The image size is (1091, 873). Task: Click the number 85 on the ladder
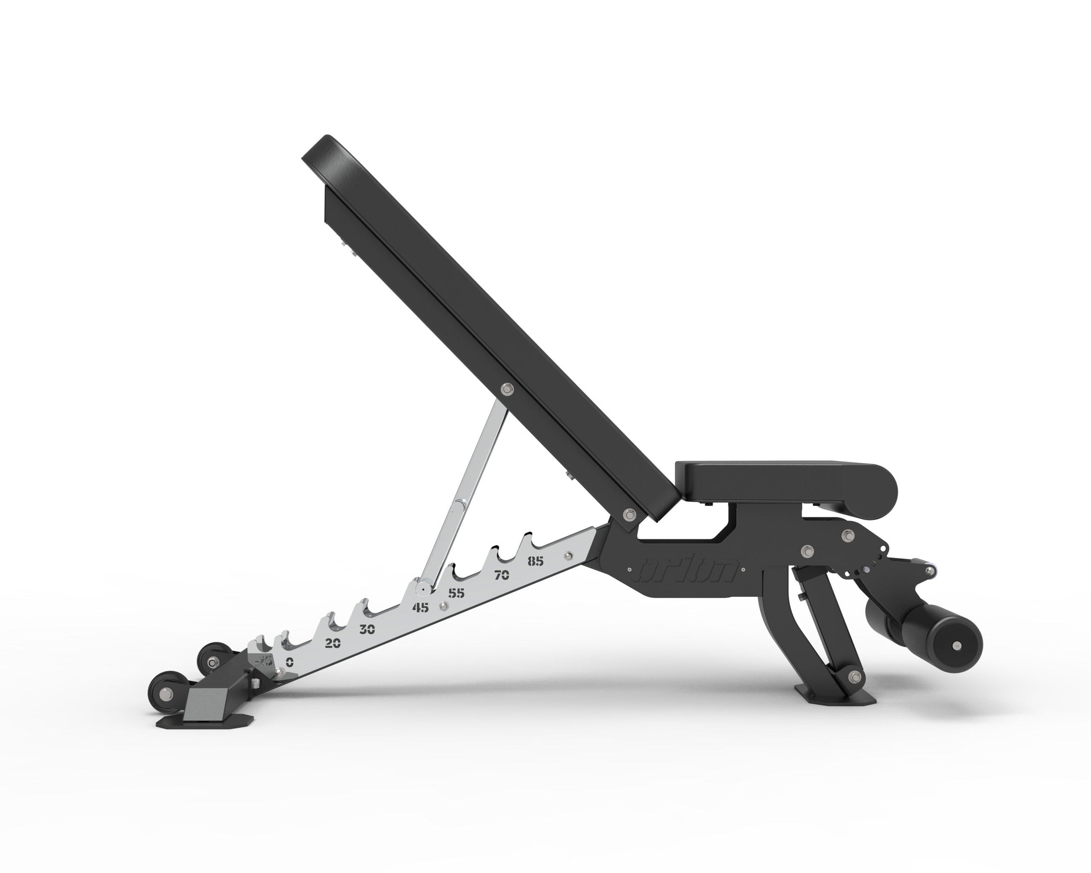click(535, 561)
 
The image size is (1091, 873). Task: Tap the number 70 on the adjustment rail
click(502, 575)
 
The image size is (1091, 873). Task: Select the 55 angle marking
click(457, 593)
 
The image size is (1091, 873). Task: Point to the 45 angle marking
click(420, 608)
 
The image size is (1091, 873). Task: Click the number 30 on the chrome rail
click(367, 630)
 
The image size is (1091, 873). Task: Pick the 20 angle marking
click(332, 644)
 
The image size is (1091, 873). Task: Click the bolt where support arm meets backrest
click(507, 389)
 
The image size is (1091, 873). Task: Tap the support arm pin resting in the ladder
click(421, 588)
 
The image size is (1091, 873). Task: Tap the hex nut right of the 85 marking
click(567, 556)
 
